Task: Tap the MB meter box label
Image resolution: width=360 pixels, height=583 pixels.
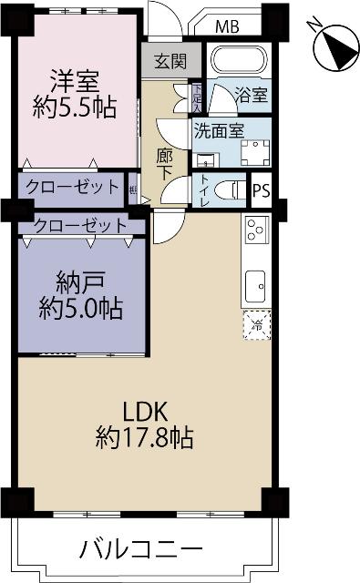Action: [x=228, y=26]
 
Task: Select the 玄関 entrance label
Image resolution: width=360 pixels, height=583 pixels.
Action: [x=169, y=62]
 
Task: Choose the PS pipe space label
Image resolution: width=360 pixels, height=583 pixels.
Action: [x=262, y=190]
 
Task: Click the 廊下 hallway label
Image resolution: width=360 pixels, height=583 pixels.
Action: [x=166, y=163]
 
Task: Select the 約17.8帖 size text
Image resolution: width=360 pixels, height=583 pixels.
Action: [x=143, y=438]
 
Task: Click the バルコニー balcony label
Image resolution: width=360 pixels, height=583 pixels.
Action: [x=140, y=549]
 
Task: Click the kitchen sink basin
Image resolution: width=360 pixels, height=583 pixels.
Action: [x=255, y=283]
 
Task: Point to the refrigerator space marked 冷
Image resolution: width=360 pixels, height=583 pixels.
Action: [x=257, y=324]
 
